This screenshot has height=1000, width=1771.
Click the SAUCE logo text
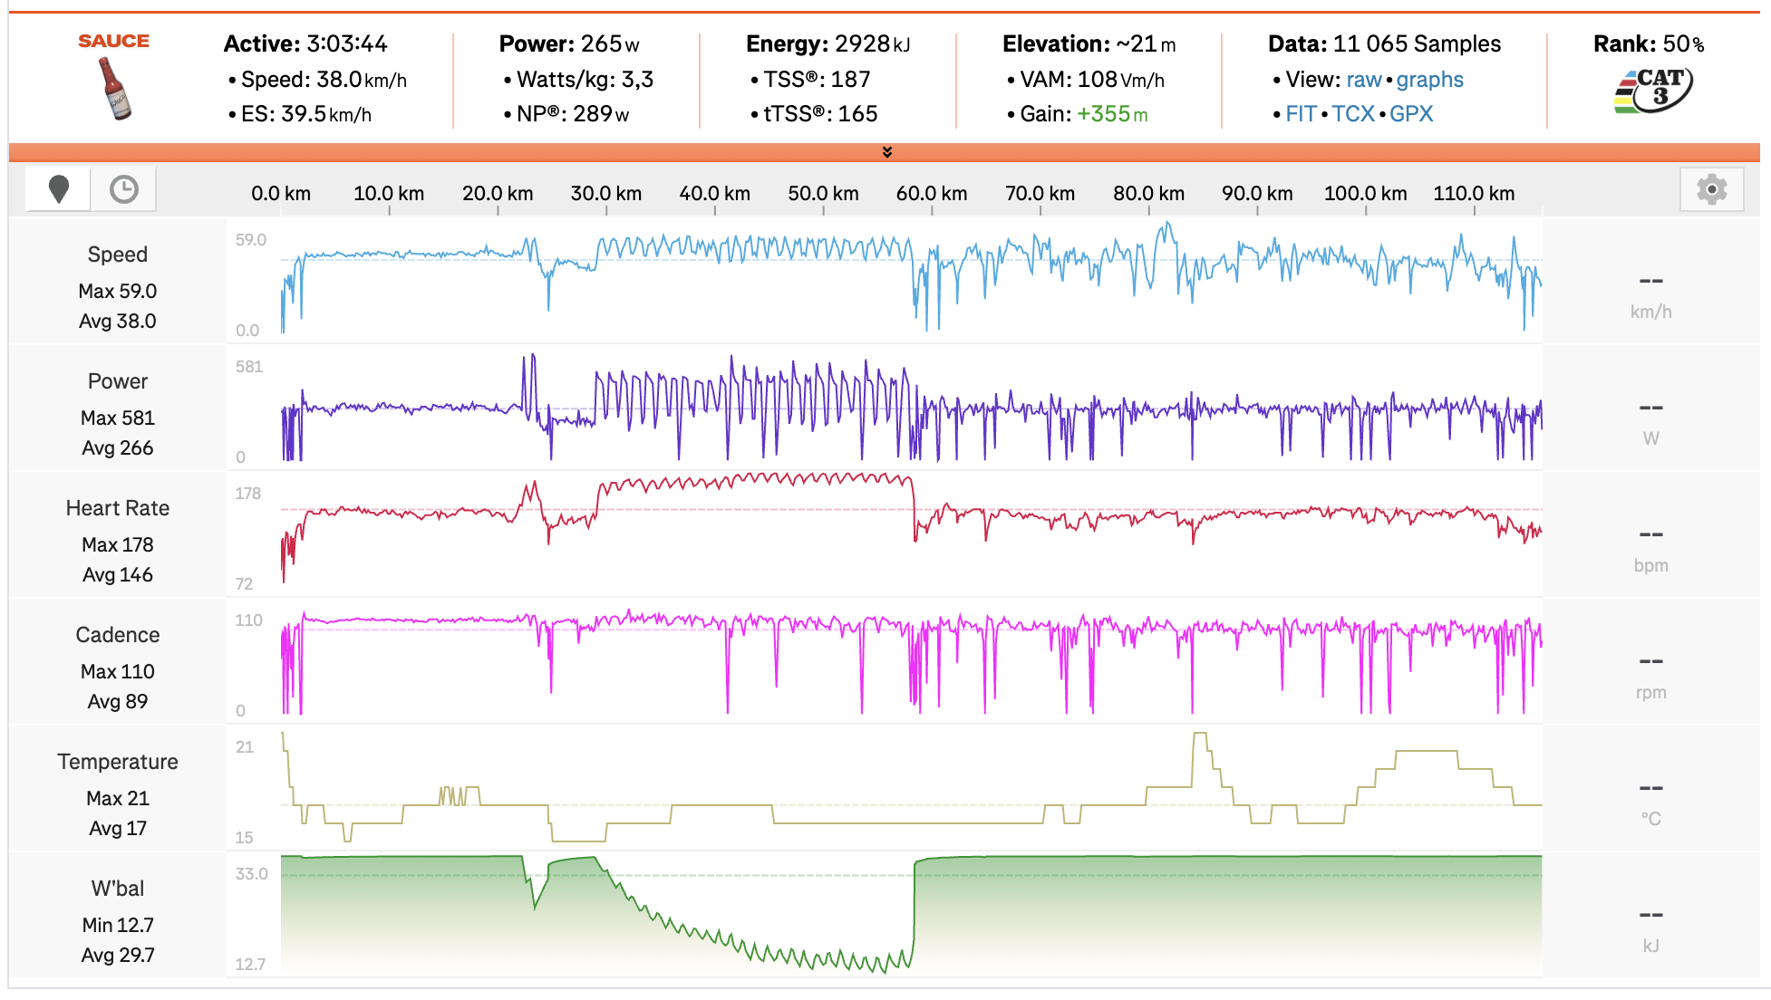pos(113,41)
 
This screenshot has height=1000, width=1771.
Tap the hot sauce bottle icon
pos(114,88)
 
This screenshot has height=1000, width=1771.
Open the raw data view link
pos(1363,80)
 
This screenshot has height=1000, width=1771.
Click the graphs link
pos(1429,80)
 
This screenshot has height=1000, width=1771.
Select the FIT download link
pos(1301,114)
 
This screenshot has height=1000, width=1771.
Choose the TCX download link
pos(1353,114)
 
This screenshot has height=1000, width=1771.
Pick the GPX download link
pos(1411,114)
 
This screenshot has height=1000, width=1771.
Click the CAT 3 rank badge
pos(1653,91)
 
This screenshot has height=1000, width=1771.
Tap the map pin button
pos(59,189)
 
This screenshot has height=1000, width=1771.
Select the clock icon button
pos(124,189)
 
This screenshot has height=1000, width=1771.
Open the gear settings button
pos(1711,189)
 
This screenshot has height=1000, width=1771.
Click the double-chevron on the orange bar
pos(887,152)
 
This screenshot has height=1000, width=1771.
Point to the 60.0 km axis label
pos(932,193)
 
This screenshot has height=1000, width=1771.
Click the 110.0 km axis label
pos(1474,193)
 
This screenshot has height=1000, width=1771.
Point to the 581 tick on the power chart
pos(249,367)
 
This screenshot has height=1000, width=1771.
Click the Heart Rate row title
pos(118,508)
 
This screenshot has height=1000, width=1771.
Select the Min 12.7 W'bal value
pos(118,925)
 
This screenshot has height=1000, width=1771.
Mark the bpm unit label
pos(1650,565)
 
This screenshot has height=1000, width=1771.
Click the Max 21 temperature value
pos(118,798)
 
